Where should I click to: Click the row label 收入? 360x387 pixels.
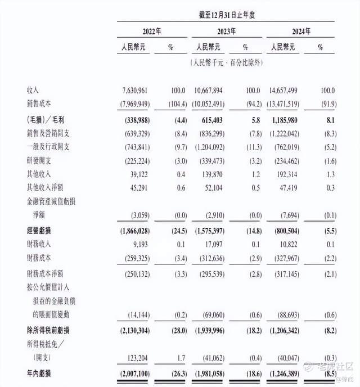[x=33, y=91]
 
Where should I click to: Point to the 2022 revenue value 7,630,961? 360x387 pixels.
[x=135, y=91]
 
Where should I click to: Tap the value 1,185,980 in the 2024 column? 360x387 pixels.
[x=293, y=120]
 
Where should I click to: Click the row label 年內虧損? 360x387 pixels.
[x=40, y=373]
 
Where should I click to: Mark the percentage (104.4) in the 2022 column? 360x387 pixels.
[x=171, y=105]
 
